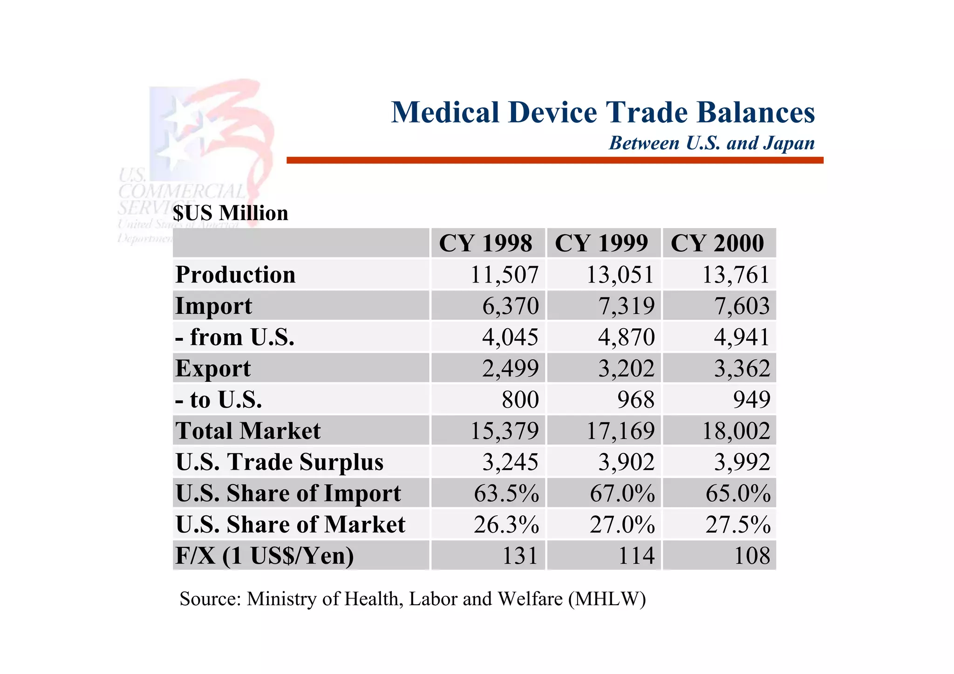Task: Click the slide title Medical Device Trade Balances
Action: (x=603, y=113)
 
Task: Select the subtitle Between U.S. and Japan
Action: (x=711, y=143)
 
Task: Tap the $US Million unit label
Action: (x=231, y=213)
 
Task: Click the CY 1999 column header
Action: (x=601, y=243)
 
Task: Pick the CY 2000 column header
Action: (x=717, y=243)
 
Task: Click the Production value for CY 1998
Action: (x=504, y=275)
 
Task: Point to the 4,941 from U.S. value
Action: (x=742, y=337)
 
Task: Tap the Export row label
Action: (x=213, y=369)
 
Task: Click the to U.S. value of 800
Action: (x=520, y=400)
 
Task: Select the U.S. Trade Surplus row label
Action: (x=279, y=462)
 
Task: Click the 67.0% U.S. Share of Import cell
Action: (x=622, y=493)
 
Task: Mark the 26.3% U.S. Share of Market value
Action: (x=506, y=525)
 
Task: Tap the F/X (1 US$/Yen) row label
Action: (x=265, y=556)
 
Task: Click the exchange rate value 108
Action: (x=752, y=556)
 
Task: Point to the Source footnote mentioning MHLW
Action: (x=413, y=599)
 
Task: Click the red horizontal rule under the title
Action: (x=554, y=160)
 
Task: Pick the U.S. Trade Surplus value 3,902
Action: (x=626, y=462)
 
